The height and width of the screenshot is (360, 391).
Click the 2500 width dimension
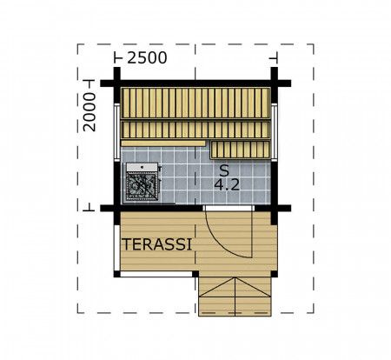147,57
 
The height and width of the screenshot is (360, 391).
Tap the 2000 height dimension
89,112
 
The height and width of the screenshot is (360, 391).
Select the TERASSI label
156,244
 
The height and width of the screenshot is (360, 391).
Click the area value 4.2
227,184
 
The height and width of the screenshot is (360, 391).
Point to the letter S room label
224,170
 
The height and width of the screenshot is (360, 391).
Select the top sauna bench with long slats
195,103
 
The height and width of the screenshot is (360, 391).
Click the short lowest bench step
240,150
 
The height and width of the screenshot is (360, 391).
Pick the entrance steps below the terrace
235,297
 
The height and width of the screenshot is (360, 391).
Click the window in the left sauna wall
116,132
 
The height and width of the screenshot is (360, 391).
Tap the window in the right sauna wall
275,132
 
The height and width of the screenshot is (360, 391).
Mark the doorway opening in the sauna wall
229,208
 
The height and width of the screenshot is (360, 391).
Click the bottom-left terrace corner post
116,274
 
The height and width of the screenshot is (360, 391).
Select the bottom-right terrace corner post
274,274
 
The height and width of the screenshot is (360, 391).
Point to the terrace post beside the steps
195,274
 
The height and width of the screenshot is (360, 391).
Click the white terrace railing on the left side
116,248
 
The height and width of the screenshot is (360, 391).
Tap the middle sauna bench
195,130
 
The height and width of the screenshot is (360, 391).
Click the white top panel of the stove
142,167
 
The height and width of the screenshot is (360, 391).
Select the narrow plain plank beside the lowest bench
163,143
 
